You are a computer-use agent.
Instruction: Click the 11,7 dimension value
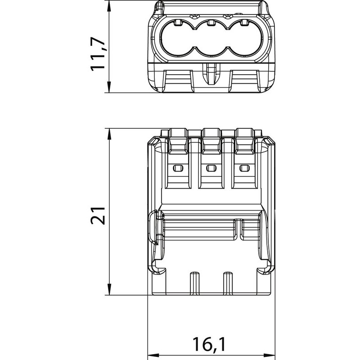click(x=98, y=54)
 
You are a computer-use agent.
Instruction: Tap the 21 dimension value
click(x=98, y=216)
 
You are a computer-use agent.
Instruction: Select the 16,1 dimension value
click(x=209, y=344)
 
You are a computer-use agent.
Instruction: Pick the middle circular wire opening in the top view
click(x=211, y=38)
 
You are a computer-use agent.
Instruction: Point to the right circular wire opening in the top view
click(x=244, y=38)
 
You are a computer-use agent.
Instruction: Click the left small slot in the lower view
click(x=178, y=168)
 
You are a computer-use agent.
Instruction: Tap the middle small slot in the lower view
click(x=211, y=168)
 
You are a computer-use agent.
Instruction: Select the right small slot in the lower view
click(x=244, y=168)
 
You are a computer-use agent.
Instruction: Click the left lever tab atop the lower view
click(x=178, y=141)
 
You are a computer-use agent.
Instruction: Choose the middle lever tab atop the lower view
click(x=211, y=141)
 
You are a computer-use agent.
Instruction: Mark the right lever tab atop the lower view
click(x=245, y=141)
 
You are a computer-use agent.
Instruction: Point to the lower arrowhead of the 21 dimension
click(x=109, y=289)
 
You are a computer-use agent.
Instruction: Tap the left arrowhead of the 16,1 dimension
click(x=153, y=355)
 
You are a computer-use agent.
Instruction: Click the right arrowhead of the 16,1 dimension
click(x=269, y=355)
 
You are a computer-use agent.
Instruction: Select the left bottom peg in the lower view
click(x=195, y=283)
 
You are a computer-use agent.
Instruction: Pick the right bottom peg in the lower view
click(x=228, y=283)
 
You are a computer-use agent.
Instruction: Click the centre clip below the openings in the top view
click(x=211, y=74)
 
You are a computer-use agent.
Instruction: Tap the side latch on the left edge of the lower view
click(x=153, y=227)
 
